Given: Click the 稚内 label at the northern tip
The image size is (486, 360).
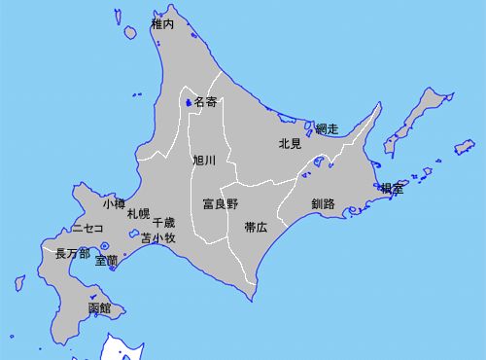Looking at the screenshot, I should pyautogui.click(x=162, y=23).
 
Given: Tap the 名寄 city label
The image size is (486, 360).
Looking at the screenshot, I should pyautogui.click(x=205, y=101).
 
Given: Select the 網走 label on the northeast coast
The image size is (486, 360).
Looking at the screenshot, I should pyautogui.click(x=327, y=128).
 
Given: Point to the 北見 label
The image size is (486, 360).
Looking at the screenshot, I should pyautogui.click(x=290, y=144).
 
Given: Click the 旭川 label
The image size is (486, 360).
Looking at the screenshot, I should pyautogui.click(x=204, y=160).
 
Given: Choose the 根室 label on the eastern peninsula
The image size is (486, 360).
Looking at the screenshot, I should pyautogui.click(x=392, y=189).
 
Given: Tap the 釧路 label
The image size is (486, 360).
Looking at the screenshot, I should pyautogui.click(x=323, y=204).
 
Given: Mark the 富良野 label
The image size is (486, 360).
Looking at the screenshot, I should pyautogui.click(x=220, y=204).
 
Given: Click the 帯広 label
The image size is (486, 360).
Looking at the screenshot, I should pyautogui.click(x=256, y=227).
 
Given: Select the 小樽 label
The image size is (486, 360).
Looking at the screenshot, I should pyautogui.click(x=114, y=204).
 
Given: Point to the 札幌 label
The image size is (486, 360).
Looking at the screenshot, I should pyautogui.click(x=138, y=213).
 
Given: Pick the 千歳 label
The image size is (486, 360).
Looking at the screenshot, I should pyautogui.click(x=163, y=223).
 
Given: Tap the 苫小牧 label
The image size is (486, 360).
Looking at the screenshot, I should pyautogui.click(x=157, y=237).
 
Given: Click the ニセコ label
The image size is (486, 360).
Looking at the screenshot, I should pyautogui.click(x=87, y=229).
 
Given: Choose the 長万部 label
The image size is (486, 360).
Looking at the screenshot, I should pyautogui.click(x=73, y=253).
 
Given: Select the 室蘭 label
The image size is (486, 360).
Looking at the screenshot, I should pyautogui.click(x=107, y=261).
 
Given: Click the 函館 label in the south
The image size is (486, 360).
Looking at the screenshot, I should pyautogui.click(x=99, y=308).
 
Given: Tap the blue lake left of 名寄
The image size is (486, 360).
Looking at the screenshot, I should pyautogui.click(x=187, y=101).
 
